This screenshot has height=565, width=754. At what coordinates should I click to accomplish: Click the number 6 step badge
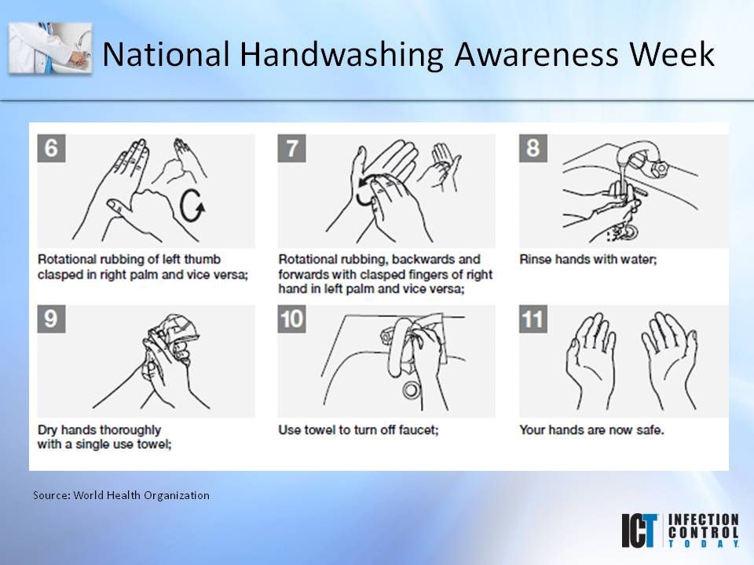pos(52,148)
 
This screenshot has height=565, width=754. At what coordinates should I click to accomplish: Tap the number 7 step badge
pos(292,148)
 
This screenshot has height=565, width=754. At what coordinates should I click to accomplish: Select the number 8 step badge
pos(533,148)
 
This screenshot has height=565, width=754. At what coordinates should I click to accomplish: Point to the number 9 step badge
pos(52,319)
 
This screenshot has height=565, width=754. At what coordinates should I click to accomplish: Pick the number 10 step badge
pos(292,319)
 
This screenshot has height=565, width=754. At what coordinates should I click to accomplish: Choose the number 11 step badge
pos(533,319)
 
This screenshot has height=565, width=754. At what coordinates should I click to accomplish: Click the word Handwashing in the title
pos(341,54)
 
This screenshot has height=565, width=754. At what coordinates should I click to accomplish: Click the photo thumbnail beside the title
pos(50,48)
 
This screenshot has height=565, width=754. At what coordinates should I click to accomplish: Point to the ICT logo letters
pos(639,530)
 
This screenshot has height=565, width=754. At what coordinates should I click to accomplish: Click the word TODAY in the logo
pos(704,543)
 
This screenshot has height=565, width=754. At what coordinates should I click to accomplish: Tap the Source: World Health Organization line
pos(121,495)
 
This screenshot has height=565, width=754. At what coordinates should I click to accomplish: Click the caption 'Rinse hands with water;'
pos(588,260)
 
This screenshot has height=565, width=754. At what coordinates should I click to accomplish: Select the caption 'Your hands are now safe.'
pos(591,429)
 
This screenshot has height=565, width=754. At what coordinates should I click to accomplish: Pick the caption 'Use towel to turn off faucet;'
pos(358,429)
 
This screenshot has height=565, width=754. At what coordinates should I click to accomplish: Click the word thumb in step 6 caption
pos(203,260)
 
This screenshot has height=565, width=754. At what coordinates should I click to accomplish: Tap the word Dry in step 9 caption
pos(48,431)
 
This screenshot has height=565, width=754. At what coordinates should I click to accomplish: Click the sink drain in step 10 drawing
pos(411,390)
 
